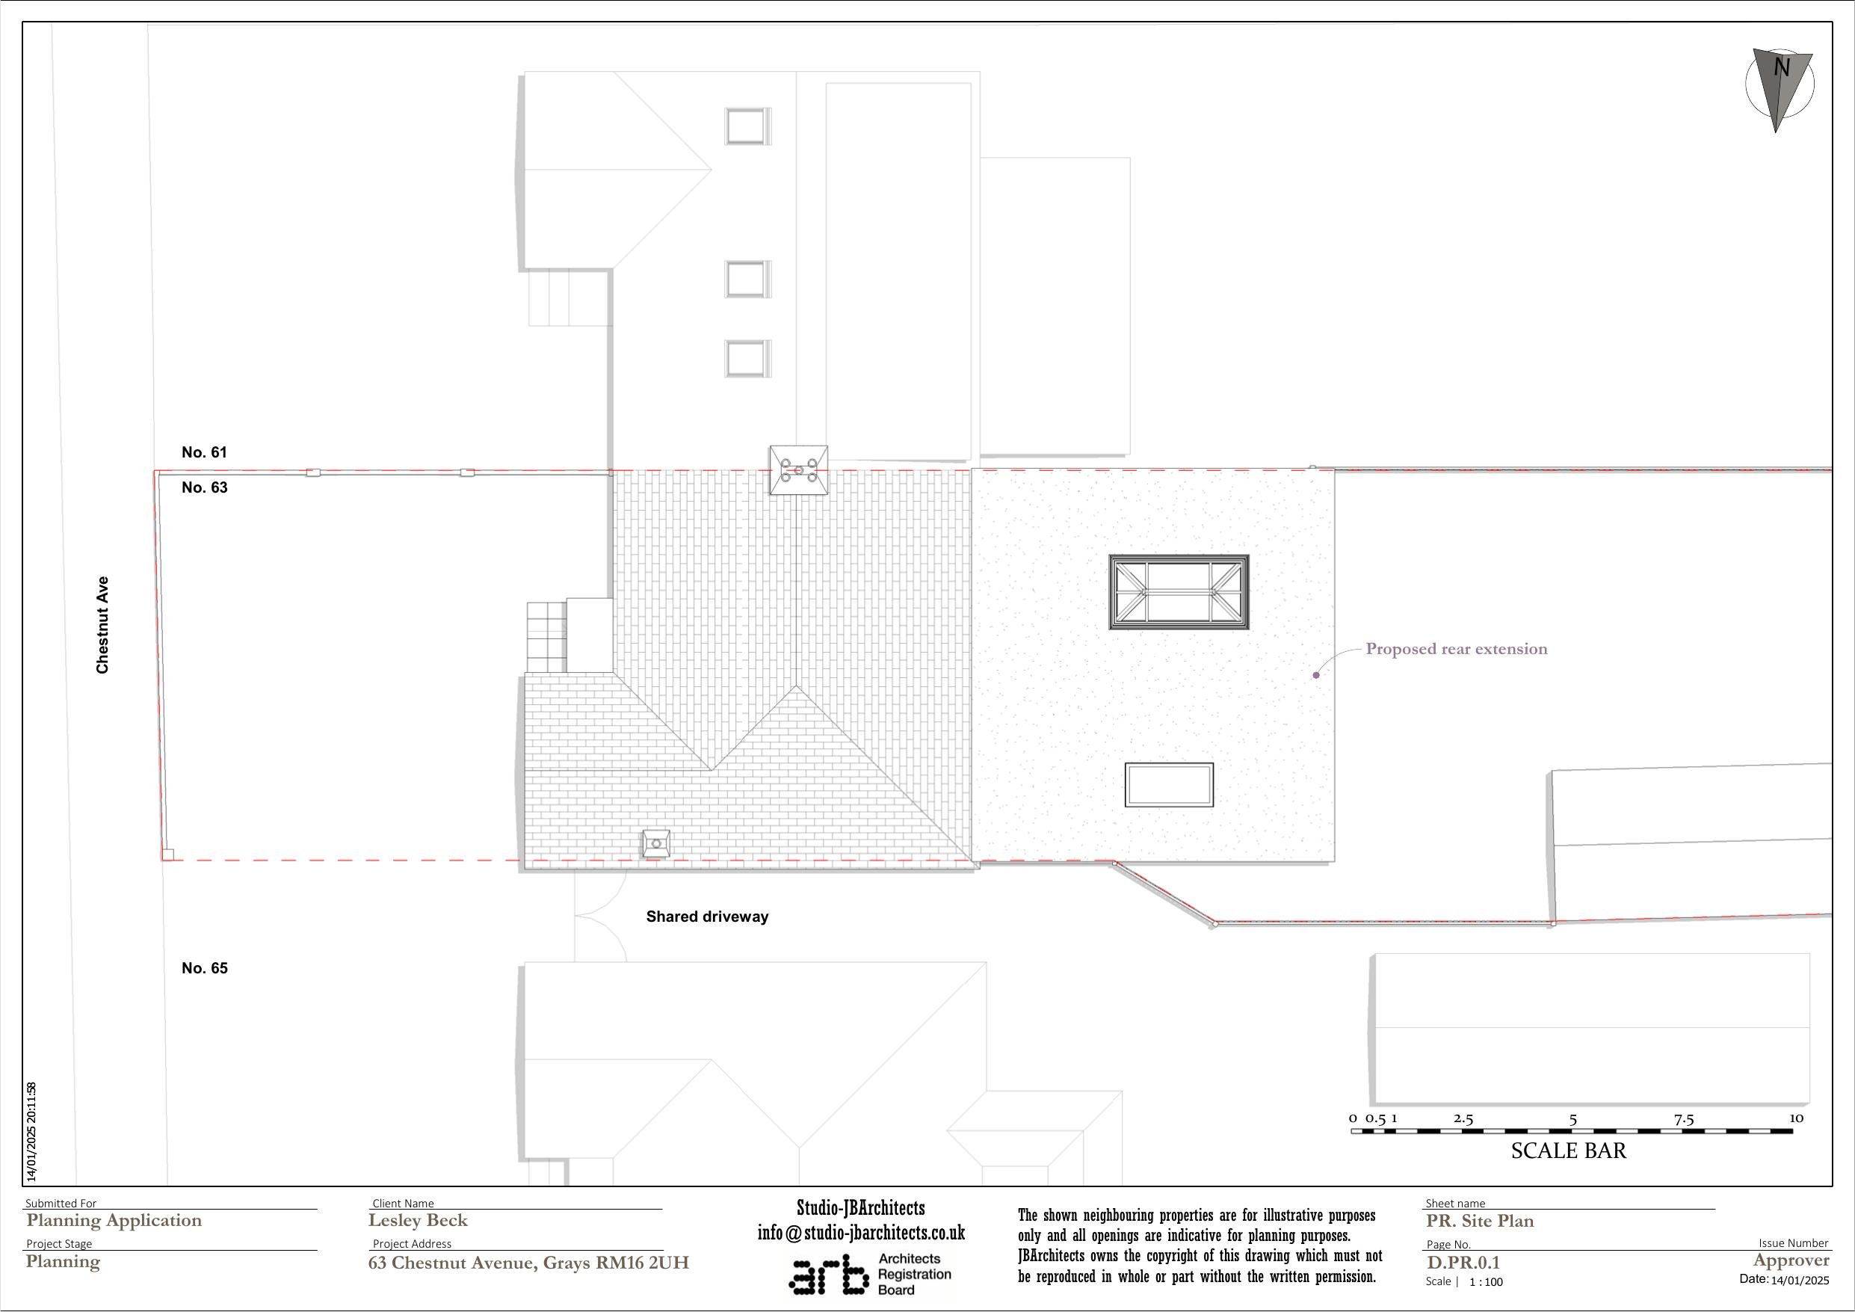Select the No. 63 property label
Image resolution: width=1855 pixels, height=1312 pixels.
click(x=204, y=487)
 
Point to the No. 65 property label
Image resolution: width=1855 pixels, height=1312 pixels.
click(x=204, y=968)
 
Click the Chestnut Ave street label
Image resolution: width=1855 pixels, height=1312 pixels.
click(x=102, y=625)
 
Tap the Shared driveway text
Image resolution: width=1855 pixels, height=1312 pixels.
click(x=707, y=917)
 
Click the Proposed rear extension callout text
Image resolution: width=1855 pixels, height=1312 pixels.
click(x=1456, y=649)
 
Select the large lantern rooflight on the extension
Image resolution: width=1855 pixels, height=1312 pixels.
click(x=1179, y=593)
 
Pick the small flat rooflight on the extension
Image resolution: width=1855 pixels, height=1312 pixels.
click(x=1169, y=785)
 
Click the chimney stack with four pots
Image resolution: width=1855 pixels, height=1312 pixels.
click(x=798, y=469)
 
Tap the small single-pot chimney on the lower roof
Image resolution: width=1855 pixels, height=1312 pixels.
click(x=656, y=844)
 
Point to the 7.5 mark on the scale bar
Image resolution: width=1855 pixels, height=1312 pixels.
click(x=1684, y=1121)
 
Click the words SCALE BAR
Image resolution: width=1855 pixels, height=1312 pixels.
click(x=1568, y=1151)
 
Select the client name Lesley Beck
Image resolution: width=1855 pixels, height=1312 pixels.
click(x=418, y=1221)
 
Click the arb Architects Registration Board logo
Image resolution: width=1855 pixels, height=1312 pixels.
click(x=870, y=1275)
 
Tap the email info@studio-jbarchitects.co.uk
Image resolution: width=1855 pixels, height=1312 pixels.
click(x=861, y=1234)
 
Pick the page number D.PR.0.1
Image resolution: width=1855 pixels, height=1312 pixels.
click(x=1463, y=1263)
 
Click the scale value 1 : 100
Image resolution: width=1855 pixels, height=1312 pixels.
click(x=1486, y=1282)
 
